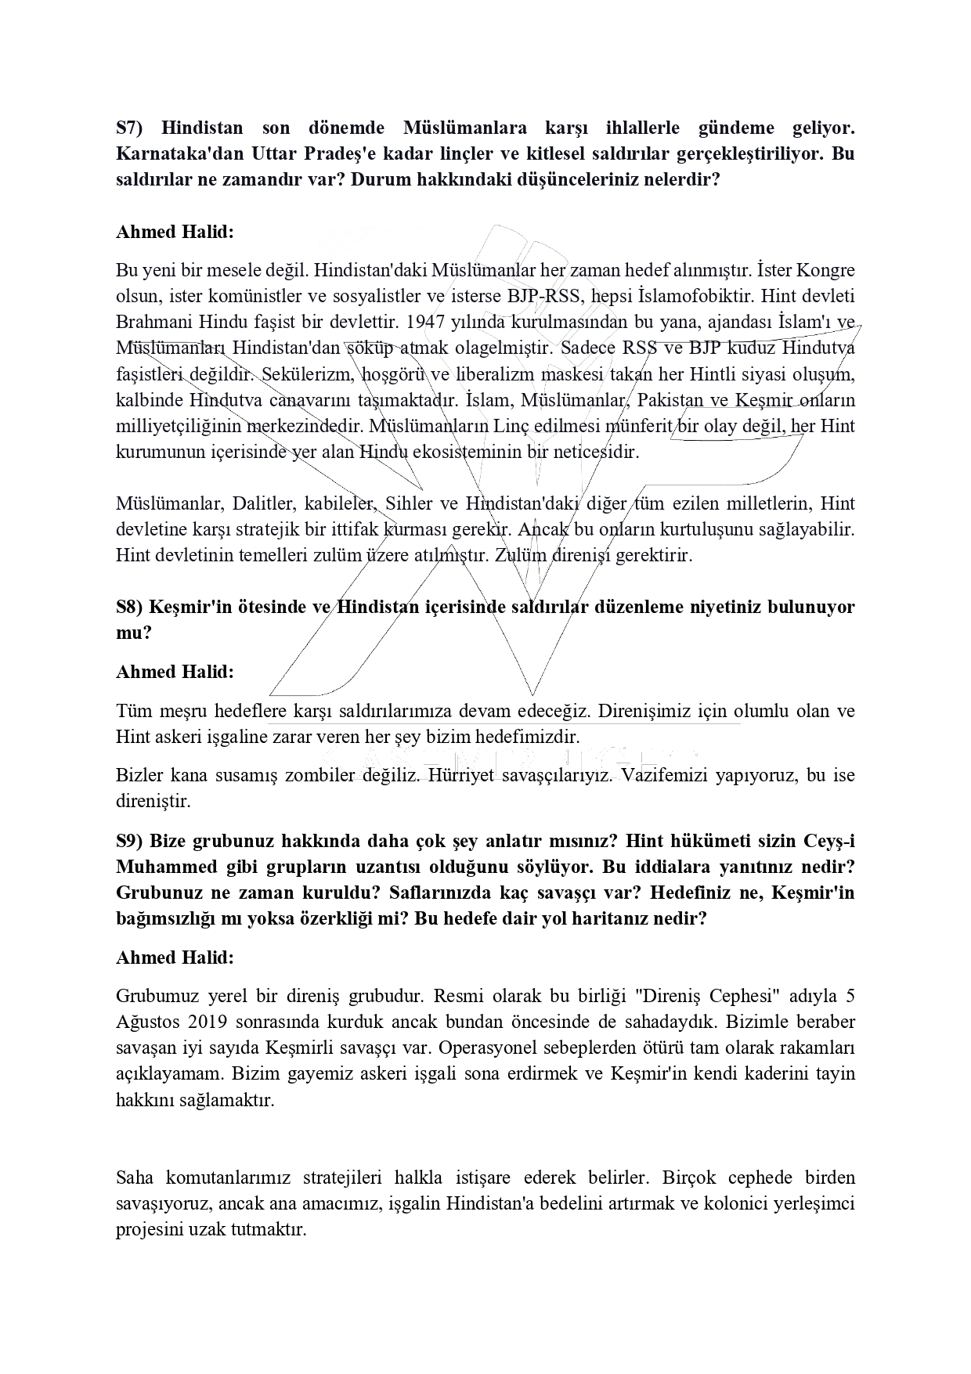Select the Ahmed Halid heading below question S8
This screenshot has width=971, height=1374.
pos(175,672)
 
